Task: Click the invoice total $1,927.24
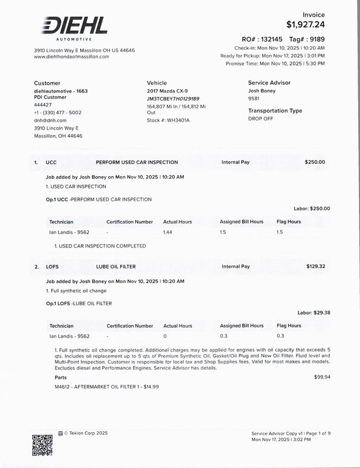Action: pyautogui.click(x=306, y=25)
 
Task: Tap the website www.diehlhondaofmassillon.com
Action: pyautogui.click(x=71, y=57)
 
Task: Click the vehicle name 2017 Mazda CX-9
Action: pyautogui.click(x=167, y=91)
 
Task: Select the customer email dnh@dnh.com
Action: pyautogui.click(x=50, y=120)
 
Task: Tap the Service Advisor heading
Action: pyautogui.click(x=269, y=83)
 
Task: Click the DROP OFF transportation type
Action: pyautogui.click(x=261, y=118)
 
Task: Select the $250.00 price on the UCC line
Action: pyautogui.click(x=315, y=162)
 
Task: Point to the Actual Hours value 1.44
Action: pyautogui.click(x=169, y=232)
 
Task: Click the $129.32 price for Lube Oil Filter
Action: pyautogui.click(x=316, y=267)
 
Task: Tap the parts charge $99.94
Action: pyautogui.click(x=322, y=377)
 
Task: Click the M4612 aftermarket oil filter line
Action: pyautogui.click(x=107, y=387)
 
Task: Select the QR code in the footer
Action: pyautogui.click(x=42, y=445)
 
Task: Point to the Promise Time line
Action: pyautogui.click(x=275, y=63)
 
